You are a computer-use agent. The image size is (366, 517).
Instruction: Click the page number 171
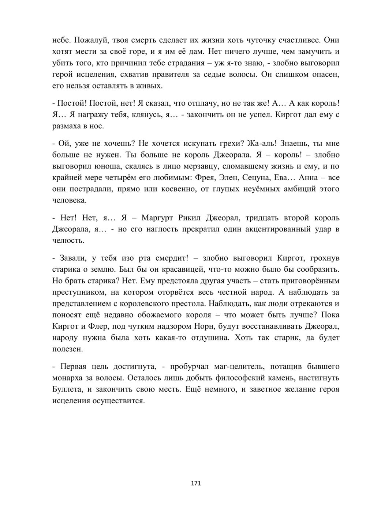click(x=196, y=483)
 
